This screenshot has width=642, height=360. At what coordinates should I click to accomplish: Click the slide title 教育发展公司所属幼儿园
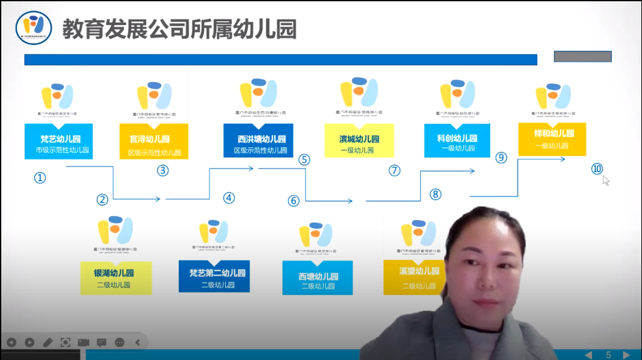(179, 29)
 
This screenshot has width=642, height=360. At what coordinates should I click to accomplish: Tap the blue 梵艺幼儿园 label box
(59, 141)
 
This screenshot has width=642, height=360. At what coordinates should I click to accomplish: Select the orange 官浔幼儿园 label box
(154, 142)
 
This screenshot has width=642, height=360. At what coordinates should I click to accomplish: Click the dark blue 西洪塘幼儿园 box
(258, 141)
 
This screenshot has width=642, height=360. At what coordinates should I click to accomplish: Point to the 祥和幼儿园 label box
(552, 139)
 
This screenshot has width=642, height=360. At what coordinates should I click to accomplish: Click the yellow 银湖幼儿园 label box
(116, 278)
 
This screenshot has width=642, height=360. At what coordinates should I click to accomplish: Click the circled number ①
(40, 178)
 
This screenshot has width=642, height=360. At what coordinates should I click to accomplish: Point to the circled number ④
(229, 198)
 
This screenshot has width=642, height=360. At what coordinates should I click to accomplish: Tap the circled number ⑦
(394, 171)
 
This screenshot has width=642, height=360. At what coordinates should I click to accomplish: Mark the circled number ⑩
(597, 169)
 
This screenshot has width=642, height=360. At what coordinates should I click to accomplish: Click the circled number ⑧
(436, 194)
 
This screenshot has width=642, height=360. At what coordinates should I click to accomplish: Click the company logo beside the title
(34, 27)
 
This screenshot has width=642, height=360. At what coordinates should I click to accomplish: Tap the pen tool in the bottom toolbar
(48, 342)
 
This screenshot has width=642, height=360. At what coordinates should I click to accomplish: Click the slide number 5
(608, 354)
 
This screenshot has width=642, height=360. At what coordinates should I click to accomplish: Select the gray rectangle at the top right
(582, 56)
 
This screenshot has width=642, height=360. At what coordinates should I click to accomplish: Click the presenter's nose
(488, 272)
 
